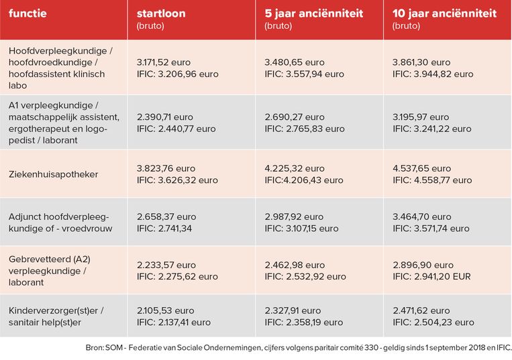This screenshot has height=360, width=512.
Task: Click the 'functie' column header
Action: click(28, 13)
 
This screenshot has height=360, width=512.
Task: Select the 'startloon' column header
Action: click(161, 13)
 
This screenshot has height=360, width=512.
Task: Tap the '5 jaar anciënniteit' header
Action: click(313, 13)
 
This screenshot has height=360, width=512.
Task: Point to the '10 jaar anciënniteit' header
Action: click(444, 13)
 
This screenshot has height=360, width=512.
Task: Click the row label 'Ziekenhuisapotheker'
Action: click(53, 174)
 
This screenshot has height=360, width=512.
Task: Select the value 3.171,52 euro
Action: click(166, 62)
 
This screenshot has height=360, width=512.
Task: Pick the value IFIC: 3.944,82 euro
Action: click(432, 74)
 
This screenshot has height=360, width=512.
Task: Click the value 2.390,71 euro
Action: click(166, 117)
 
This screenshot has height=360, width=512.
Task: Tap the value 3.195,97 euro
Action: click(422, 117)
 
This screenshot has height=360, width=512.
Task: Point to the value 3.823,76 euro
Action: click(166, 169)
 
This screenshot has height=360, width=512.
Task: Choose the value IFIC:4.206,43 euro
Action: click(304, 180)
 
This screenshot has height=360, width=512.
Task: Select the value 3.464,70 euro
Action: click(422, 217)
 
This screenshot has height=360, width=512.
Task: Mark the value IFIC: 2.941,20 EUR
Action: click(431, 276)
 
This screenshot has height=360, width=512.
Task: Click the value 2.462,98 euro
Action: click(295, 265)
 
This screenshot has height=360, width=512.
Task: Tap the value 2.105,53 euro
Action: click(166, 311)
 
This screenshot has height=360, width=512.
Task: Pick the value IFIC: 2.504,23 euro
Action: click(433, 322)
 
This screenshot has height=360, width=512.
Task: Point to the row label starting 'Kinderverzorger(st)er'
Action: click(56, 311)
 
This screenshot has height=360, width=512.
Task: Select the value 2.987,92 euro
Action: click(295, 217)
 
